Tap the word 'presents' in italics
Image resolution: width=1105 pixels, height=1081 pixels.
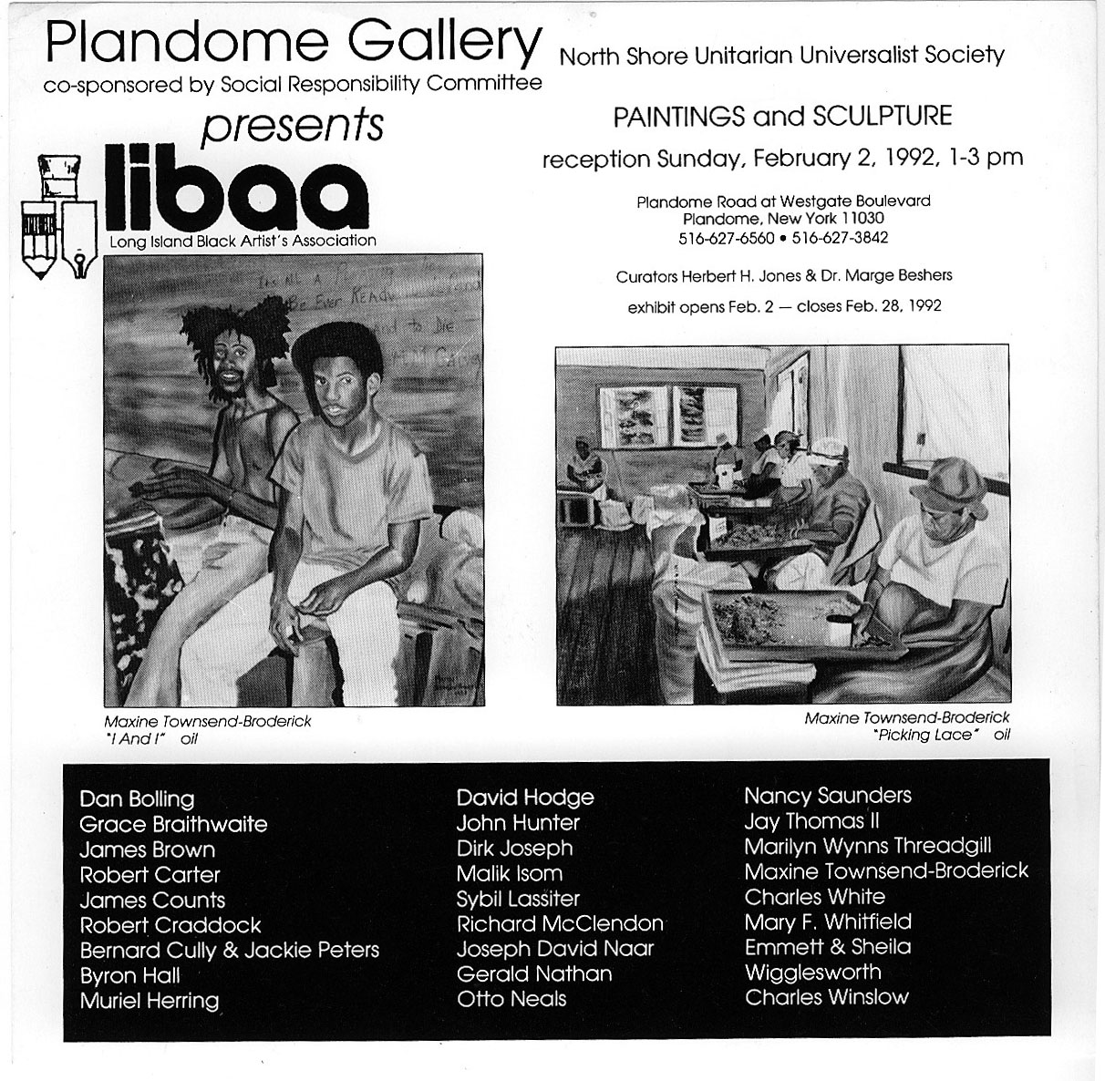click(292, 126)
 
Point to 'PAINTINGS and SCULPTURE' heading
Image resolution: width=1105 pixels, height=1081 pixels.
click(782, 117)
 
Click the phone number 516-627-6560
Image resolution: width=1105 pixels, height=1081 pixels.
click(726, 238)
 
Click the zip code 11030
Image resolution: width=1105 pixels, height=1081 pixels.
click(862, 219)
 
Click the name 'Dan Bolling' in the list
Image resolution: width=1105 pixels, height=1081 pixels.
click(137, 799)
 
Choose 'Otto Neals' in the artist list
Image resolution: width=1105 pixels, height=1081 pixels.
click(511, 999)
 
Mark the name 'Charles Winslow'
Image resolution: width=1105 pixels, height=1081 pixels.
click(826, 997)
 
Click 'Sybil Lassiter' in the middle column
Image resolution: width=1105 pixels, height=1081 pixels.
click(518, 899)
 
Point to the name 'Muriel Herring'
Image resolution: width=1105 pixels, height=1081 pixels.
click(150, 1001)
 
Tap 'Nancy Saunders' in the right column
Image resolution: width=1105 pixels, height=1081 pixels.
click(827, 796)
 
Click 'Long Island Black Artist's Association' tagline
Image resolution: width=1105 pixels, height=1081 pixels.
click(243, 242)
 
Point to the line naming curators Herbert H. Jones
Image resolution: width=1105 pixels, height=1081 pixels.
click(783, 275)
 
